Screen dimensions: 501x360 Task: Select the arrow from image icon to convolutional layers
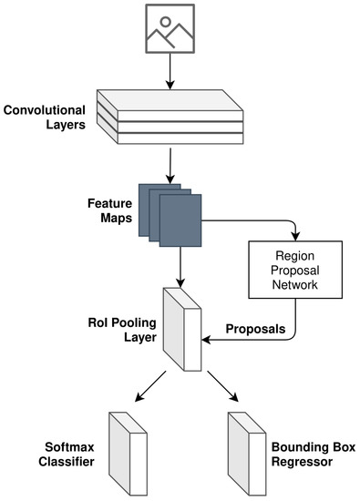tap(170, 72)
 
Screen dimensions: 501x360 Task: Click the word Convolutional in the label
tap(46, 111)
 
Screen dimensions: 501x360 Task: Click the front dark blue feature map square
tap(180, 222)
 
